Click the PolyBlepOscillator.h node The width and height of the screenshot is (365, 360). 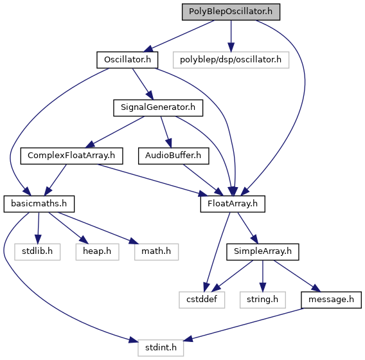tap(231, 12)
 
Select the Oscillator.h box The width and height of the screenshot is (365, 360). tap(127, 60)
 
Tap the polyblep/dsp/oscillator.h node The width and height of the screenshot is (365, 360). tap(231, 60)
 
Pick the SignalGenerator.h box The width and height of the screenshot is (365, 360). tap(158, 108)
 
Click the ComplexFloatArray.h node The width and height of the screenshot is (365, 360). tap(71, 156)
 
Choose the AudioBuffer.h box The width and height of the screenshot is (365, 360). tap(174, 156)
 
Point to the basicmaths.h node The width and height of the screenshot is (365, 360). tap(39, 204)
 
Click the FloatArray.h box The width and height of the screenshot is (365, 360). tap(233, 204)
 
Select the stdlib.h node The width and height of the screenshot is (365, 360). tap(37, 252)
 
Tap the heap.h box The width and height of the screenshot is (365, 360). tap(97, 252)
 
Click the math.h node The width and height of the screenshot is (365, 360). tap(156, 252)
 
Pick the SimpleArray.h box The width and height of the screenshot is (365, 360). tap(263, 252)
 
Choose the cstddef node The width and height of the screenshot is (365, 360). tap(202, 300)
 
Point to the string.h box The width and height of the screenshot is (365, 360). tap(263, 300)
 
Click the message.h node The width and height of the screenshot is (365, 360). tap(331, 300)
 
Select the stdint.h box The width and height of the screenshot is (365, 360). tap(161, 348)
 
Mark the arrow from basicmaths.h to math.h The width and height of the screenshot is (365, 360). tap(98, 228)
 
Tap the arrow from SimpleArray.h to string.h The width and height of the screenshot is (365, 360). tap(263, 276)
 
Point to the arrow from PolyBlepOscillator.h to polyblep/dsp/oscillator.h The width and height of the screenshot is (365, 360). tap(231, 36)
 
